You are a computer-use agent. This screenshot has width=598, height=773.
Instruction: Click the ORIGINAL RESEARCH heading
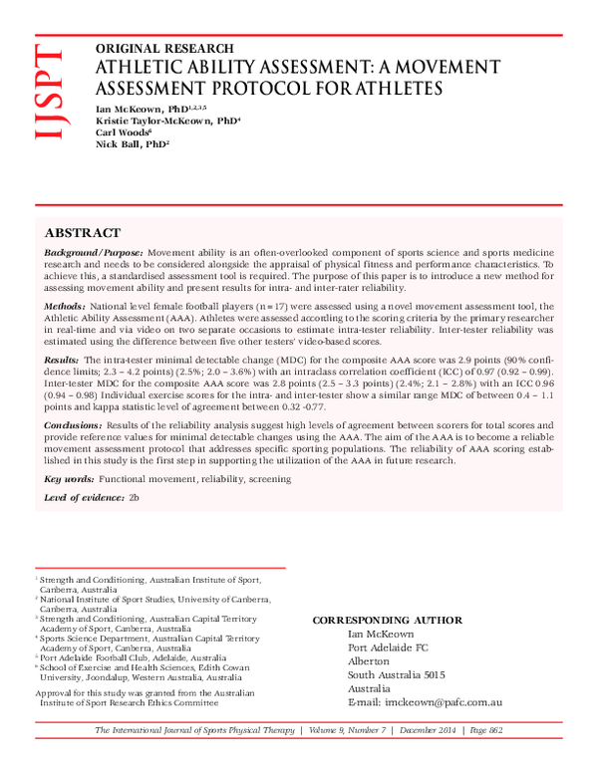pos(164,48)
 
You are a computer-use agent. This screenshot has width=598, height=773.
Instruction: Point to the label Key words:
pos(69,479)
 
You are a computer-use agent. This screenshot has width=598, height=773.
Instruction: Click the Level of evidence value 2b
pos(134,496)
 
